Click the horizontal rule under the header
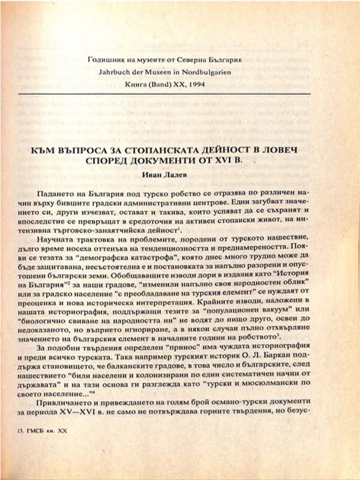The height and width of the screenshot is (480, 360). [x=180, y=94]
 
